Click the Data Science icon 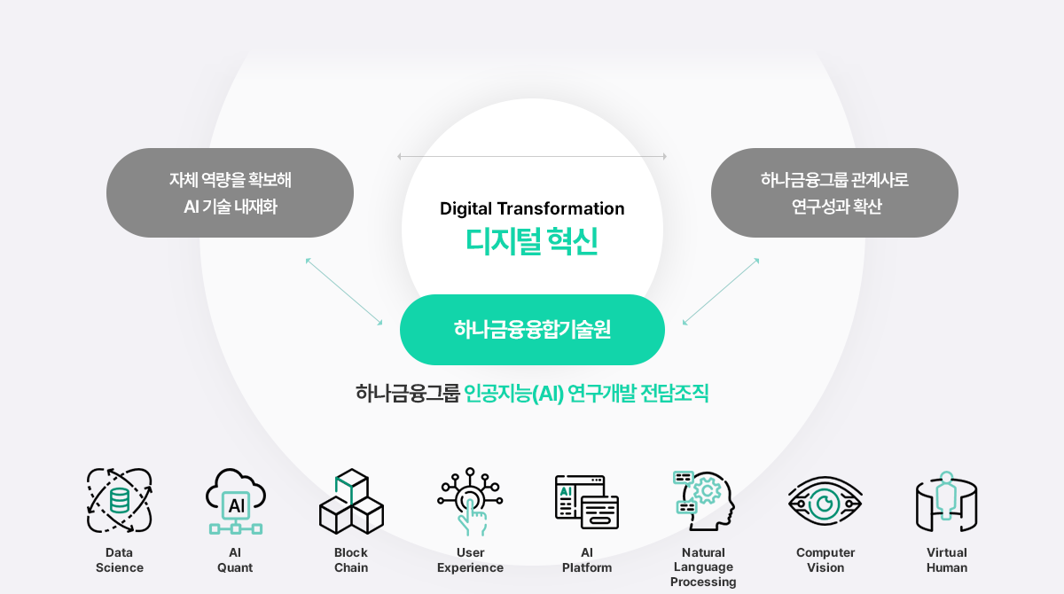point(119,500)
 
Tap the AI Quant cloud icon point(236,502)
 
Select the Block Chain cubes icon point(351,502)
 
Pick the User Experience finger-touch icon point(470,502)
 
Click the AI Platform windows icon point(587,502)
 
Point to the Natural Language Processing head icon point(704,501)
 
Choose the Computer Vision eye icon point(825,502)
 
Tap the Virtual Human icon point(946,502)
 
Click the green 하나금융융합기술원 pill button point(532,330)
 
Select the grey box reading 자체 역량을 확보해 point(230,192)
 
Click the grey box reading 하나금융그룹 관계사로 point(834,192)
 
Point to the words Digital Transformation point(532,208)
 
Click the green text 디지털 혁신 point(532,241)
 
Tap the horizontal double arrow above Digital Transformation point(532,156)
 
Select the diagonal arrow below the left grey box point(344,292)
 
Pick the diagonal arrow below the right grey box point(721,292)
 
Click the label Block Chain point(351,559)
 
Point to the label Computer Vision point(825,559)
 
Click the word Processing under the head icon point(703,582)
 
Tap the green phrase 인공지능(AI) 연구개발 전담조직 point(586,393)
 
